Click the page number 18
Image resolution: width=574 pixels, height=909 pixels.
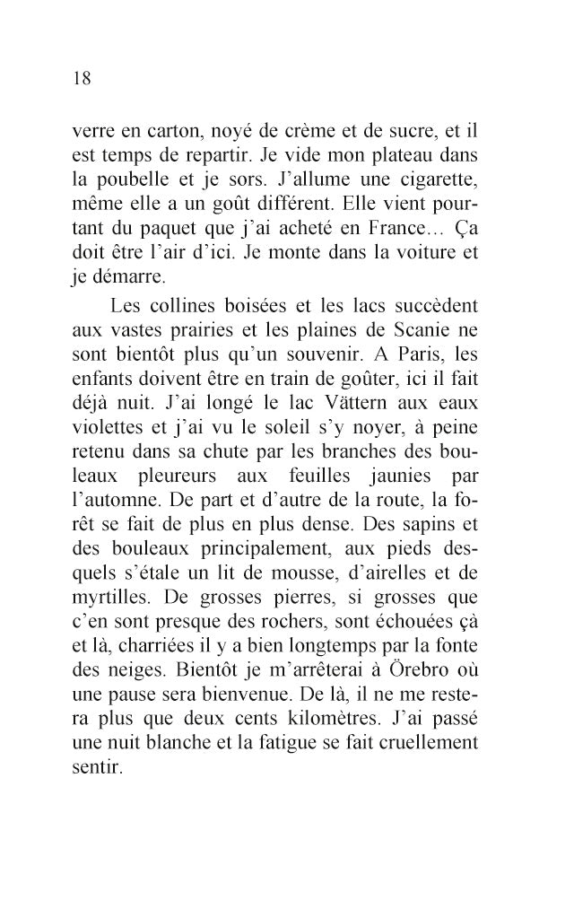[x=81, y=78]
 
